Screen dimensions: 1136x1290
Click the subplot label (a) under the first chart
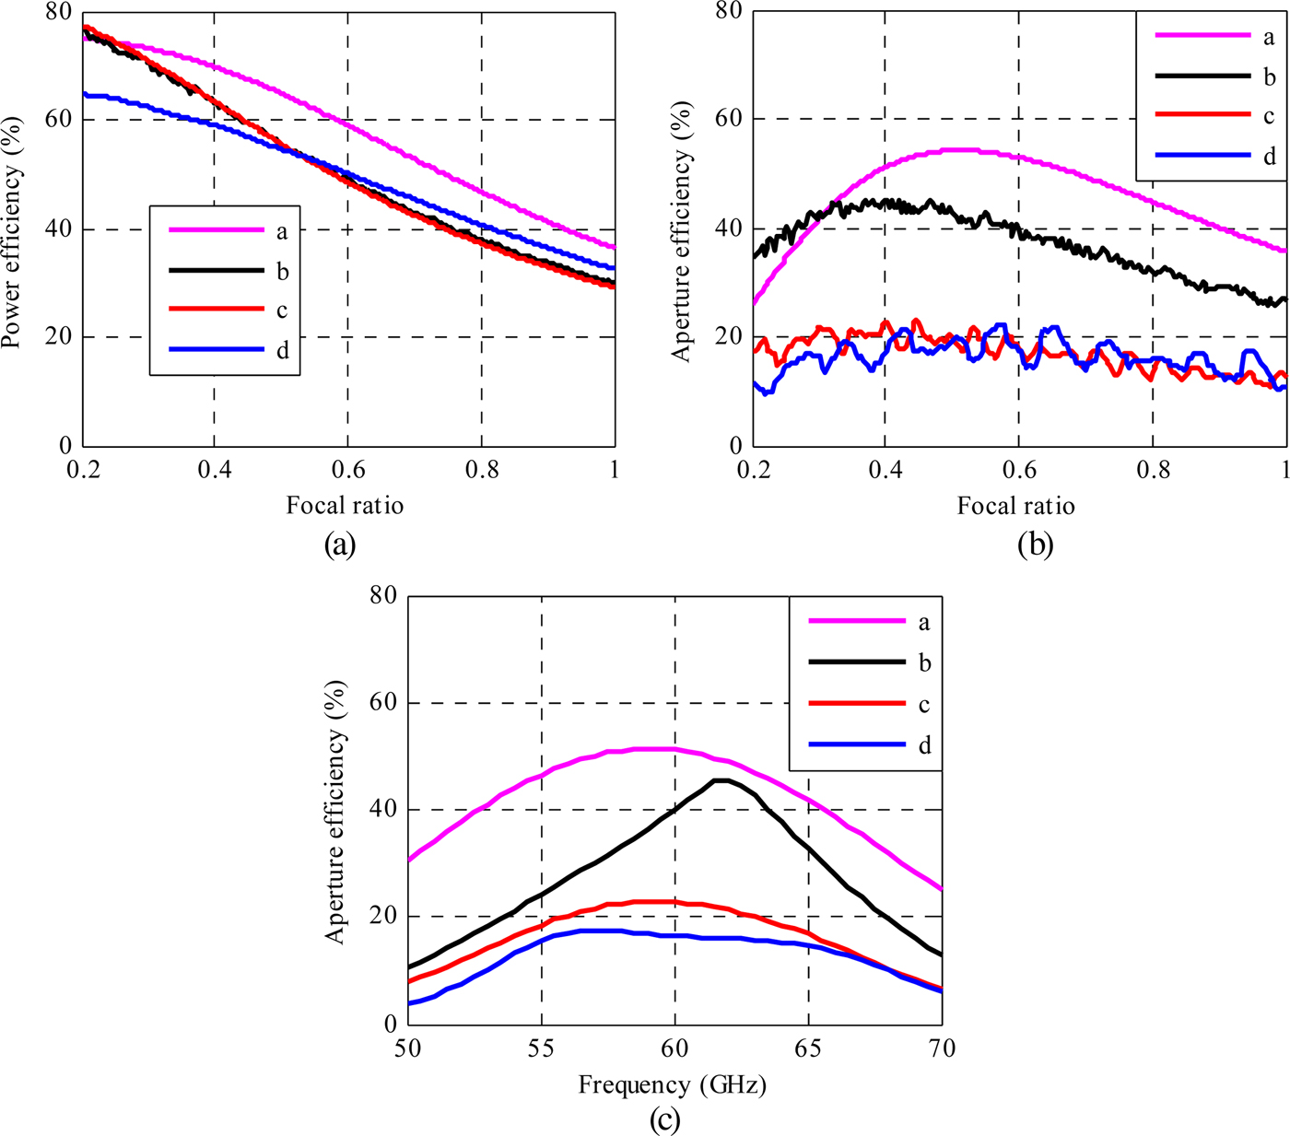(x=339, y=545)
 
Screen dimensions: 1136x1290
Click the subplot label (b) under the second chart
(x=1035, y=545)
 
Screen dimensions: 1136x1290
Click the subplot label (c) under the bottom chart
(x=665, y=1120)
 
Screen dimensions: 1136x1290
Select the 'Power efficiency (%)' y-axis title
(x=11, y=232)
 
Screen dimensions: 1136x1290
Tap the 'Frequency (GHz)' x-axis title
(x=672, y=1084)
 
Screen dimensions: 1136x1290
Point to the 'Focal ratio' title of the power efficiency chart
(x=345, y=505)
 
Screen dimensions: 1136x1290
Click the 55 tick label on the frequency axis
(x=541, y=1048)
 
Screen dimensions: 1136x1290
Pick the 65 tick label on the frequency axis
(x=808, y=1048)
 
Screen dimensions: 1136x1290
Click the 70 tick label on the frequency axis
(x=941, y=1048)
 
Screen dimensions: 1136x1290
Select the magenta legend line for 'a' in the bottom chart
(x=856, y=622)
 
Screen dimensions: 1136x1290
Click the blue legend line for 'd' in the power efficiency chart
(x=217, y=350)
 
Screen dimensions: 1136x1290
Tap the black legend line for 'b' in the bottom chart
(x=856, y=662)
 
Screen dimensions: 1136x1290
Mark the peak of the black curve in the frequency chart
(x=721, y=780)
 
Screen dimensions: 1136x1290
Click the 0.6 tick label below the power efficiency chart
(x=347, y=470)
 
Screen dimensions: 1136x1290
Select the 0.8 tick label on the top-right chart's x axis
(x=1152, y=470)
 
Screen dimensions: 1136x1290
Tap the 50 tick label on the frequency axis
(x=407, y=1048)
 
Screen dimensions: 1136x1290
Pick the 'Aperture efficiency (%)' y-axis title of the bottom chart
(x=335, y=811)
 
